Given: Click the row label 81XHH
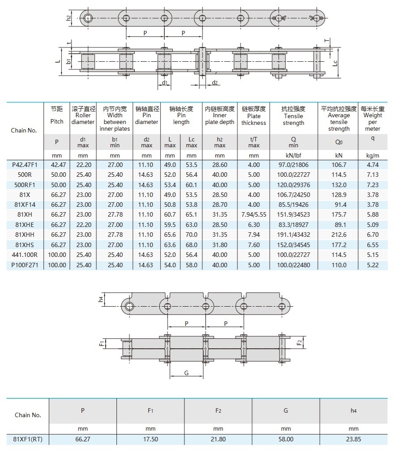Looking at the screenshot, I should [25, 235].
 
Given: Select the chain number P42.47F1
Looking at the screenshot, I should [25, 165].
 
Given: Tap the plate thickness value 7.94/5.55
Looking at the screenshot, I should [254, 215].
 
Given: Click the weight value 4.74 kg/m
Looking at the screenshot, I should [373, 165].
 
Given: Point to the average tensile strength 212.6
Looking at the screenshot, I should [338, 235].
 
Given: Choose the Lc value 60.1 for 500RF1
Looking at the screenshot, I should [191, 185].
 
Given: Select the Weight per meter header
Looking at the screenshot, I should [373, 119].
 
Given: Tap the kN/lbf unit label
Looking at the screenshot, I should [293, 155].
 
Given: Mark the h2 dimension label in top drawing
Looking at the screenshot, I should [69, 18].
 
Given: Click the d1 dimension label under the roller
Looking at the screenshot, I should [164, 83].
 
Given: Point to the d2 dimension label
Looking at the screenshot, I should [215, 83].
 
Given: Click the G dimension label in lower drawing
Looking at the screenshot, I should [186, 373].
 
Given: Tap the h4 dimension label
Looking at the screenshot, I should [101, 299].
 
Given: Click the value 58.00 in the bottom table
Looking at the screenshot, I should [286, 439].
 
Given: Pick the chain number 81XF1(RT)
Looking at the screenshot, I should [28, 439].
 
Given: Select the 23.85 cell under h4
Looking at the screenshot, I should [354, 439].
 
